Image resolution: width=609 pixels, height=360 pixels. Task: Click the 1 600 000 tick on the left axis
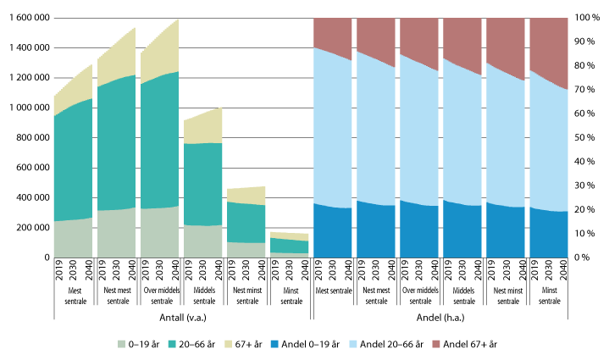click(x=27, y=18)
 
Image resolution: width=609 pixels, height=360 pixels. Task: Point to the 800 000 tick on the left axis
click(x=30, y=138)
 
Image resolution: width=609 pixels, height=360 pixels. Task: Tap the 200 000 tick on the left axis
click(x=30, y=228)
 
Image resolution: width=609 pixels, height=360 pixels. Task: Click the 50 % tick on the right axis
click(x=588, y=138)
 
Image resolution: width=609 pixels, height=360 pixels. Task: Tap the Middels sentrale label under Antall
click(x=202, y=296)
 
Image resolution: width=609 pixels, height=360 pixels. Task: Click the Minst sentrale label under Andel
click(x=547, y=296)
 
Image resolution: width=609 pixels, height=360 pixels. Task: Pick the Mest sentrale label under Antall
click(x=74, y=296)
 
